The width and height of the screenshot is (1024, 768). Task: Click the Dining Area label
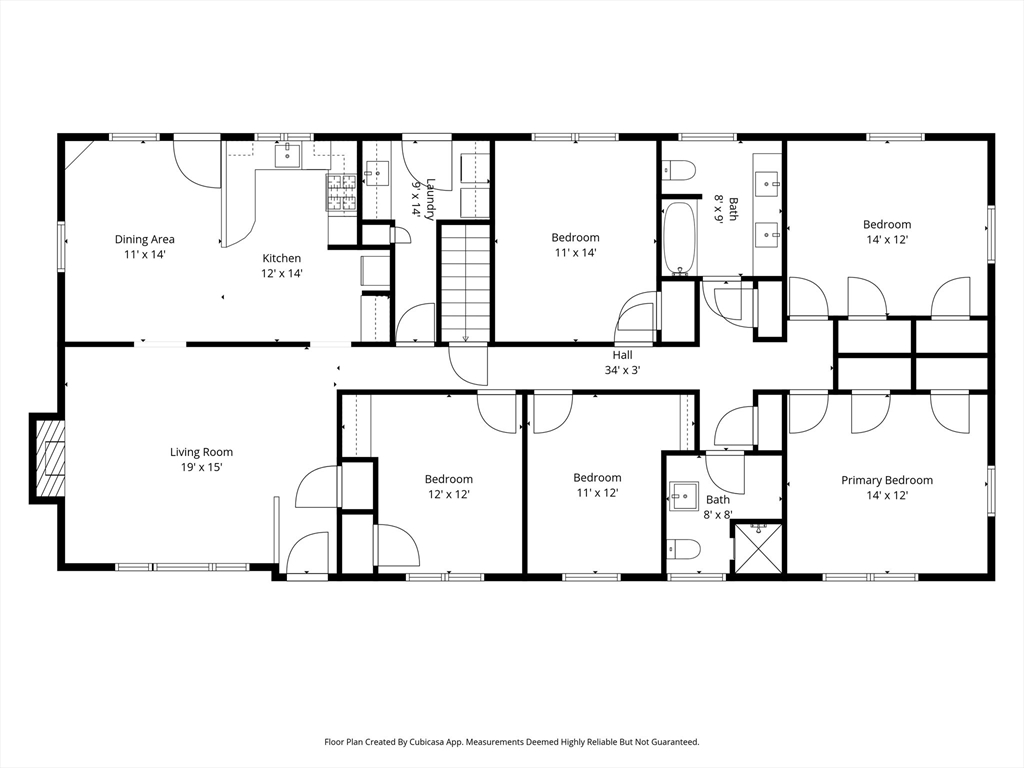pos(144,239)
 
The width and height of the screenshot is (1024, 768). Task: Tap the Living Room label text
pos(201,452)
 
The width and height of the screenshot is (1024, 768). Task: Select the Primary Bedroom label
pos(886,480)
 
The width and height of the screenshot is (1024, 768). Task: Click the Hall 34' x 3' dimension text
pos(622,370)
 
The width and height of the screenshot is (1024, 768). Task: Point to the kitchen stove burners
pos(342,193)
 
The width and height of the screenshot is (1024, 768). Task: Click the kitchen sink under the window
pos(287,157)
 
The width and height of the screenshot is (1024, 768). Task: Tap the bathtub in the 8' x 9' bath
pos(680,239)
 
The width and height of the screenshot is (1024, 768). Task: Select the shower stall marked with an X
pos(758,547)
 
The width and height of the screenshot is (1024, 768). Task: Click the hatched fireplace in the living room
pos(50,458)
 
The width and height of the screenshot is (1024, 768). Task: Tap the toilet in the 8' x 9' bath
pos(679,170)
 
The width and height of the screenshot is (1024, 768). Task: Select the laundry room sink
pos(376,173)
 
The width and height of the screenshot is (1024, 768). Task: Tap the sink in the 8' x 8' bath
pos(683,498)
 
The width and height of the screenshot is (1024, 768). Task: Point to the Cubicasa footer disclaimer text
pos(512,742)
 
